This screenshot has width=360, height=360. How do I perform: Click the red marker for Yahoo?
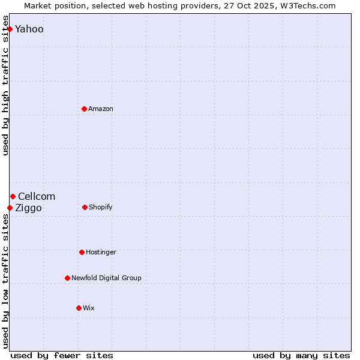coord(10,29)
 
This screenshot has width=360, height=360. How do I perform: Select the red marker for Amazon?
coord(84,109)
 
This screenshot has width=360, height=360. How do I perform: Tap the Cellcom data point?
coord(13,196)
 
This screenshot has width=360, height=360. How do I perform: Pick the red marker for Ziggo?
coord(10,208)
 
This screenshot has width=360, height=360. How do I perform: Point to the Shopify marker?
coord(85,207)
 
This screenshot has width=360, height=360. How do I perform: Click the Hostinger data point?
coord(82,252)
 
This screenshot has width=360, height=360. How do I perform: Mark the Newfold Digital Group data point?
coord(67,278)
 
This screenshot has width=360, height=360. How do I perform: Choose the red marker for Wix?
coord(79,308)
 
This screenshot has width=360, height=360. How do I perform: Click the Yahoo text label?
coord(29,29)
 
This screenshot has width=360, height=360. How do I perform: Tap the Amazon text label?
coord(101,109)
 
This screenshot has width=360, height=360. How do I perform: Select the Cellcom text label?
coord(37,197)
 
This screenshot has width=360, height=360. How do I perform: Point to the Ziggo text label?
coord(29,208)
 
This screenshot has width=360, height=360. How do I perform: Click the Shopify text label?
coord(101,208)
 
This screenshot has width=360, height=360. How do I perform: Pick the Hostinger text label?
coord(101,253)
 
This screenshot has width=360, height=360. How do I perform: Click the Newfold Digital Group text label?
coord(106,278)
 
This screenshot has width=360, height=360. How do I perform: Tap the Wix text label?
coord(89,308)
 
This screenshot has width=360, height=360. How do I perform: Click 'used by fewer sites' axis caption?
coord(62,355)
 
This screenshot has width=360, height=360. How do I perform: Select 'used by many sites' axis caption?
coord(301,355)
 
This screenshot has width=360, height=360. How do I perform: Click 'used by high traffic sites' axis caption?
coord(5,90)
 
